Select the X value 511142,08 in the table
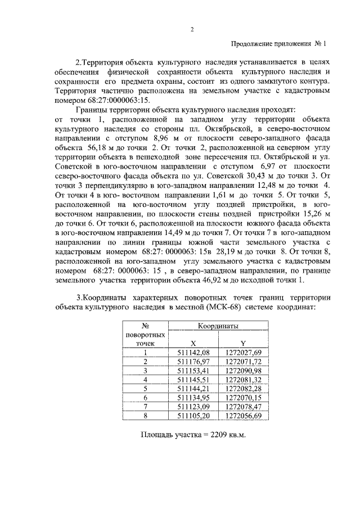(193, 352)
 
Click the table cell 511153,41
(193, 370)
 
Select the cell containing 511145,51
(193, 379)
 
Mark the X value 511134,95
(193, 397)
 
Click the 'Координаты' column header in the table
(218, 326)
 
